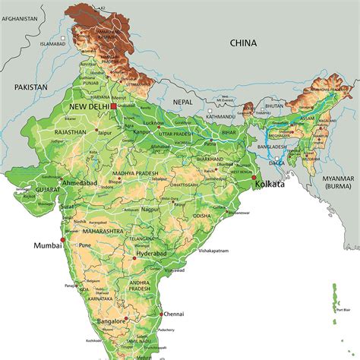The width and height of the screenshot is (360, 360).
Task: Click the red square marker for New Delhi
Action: click(x=113, y=107)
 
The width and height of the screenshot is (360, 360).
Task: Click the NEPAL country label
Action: click(x=182, y=101)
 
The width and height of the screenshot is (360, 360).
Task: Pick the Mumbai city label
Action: click(x=46, y=245)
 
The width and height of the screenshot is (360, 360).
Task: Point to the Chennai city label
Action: click(x=173, y=313)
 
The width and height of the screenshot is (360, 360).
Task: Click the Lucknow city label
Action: click(x=154, y=122)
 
